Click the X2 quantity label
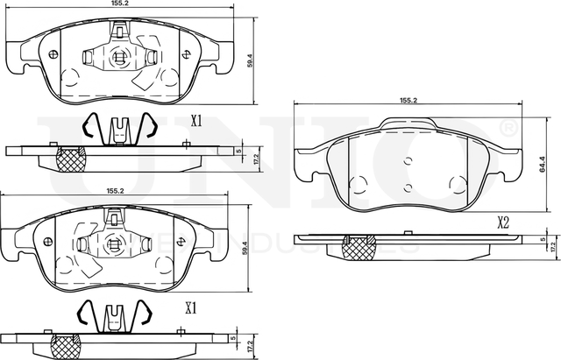click(504, 222)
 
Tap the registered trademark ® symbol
click(507, 130)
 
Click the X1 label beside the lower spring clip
click(191, 307)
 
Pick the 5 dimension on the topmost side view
click(239, 150)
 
